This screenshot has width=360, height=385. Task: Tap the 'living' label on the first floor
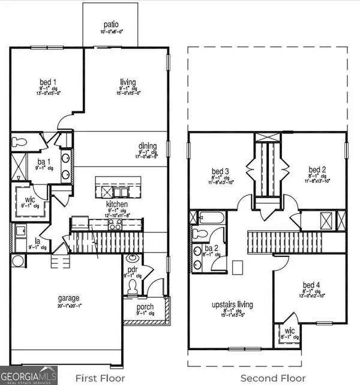[127, 82]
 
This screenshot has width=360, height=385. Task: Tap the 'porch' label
[145, 307]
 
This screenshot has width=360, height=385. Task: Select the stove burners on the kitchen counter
[115, 224]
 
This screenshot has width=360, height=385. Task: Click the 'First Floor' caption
[100, 378]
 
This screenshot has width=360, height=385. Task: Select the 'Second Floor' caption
[267, 378]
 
